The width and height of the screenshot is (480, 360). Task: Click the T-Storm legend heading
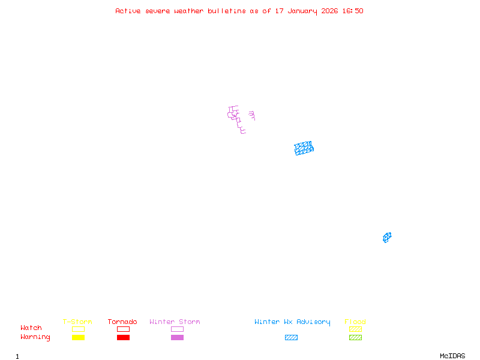click(x=77, y=322)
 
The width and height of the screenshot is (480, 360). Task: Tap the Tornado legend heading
click(x=122, y=322)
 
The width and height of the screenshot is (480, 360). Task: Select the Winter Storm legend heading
click(x=175, y=322)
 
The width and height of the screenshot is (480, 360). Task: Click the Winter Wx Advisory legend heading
click(x=292, y=322)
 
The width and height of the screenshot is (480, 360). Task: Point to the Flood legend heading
click(x=355, y=322)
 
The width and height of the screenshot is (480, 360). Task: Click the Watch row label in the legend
click(x=31, y=328)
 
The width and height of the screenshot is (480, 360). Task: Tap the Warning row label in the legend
click(x=35, y=337)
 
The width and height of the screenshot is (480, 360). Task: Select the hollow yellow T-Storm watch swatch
click(x=78, y=329)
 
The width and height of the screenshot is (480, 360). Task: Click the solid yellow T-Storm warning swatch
click(x=78, y=337)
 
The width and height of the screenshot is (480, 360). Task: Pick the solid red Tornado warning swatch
click(x=123, y=337)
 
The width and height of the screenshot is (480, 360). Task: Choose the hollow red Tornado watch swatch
click(x=123, y=329)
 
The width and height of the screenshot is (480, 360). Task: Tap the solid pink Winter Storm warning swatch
click(x=177, y=337)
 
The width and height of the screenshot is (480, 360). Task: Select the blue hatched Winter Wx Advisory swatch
click(x=291, y=337)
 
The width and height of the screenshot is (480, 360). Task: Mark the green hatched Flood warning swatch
click(x=355, y=337)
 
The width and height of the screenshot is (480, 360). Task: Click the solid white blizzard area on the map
click(x=247, y=119)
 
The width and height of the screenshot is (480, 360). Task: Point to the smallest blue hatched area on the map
click(x=387, y=238)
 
